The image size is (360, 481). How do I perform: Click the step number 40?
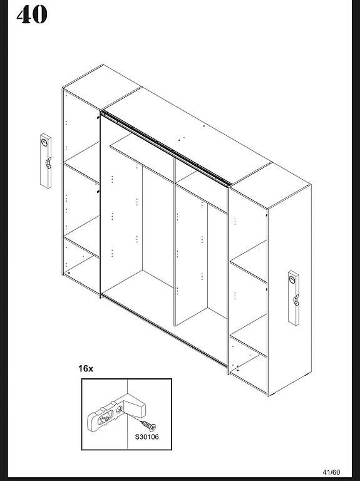click(x=32, y=15)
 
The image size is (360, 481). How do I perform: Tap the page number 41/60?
click(x=331, y=472)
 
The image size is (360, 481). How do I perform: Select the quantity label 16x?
click(x=86, y=368)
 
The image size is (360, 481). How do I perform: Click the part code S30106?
click(x=147, y=437)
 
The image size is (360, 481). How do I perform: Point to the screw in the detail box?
click(x=148, y=425)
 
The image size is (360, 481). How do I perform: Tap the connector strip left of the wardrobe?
click(x=46, y=161)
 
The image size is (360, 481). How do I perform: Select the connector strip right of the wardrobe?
click(x=294, y=298)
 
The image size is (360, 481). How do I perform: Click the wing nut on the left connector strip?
click(x=48, y=163)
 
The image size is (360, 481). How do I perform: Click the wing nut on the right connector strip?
click(x=296, y=300)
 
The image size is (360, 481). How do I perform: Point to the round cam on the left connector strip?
click(x=45, y=142)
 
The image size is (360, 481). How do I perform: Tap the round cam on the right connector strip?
click(x=292, y=279)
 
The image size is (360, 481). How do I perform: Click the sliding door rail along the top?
click(x=166, y=148)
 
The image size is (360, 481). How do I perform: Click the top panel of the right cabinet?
click(x=270, y=186)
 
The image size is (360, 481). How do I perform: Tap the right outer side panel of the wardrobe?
click(x=290, y=290)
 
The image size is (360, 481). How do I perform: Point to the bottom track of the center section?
click(x=165, y=331)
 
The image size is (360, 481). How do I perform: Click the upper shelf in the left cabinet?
click(x=81, y=163)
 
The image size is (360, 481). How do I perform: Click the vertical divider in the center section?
click(x=175, y=242)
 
